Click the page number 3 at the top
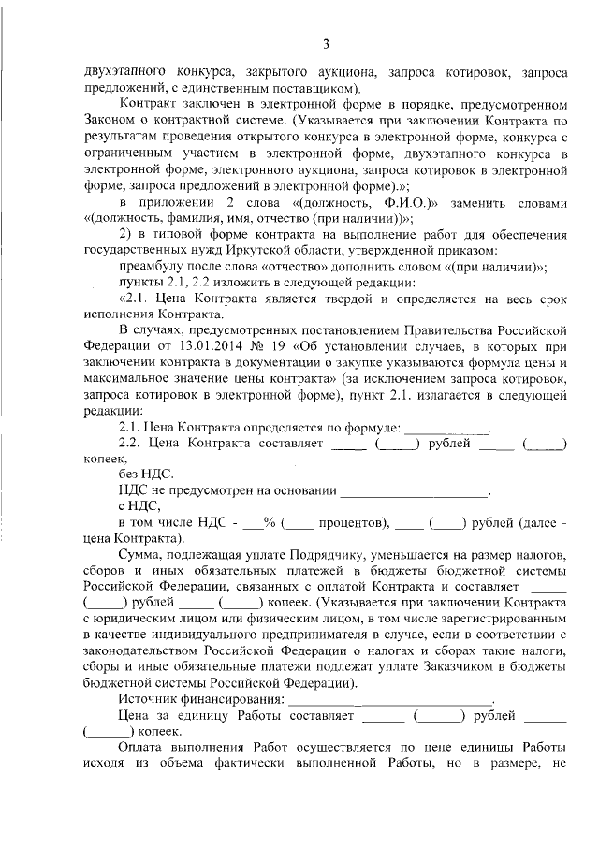point(326,43)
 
